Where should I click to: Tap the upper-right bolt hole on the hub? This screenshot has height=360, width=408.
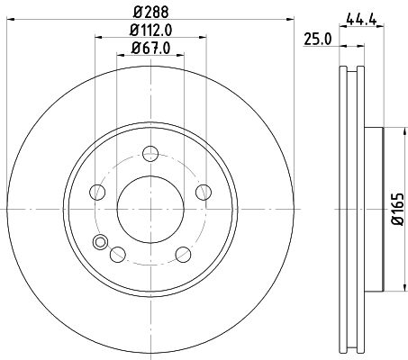tap(204, 191)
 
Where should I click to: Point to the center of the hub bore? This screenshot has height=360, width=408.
tap(150, 208)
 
